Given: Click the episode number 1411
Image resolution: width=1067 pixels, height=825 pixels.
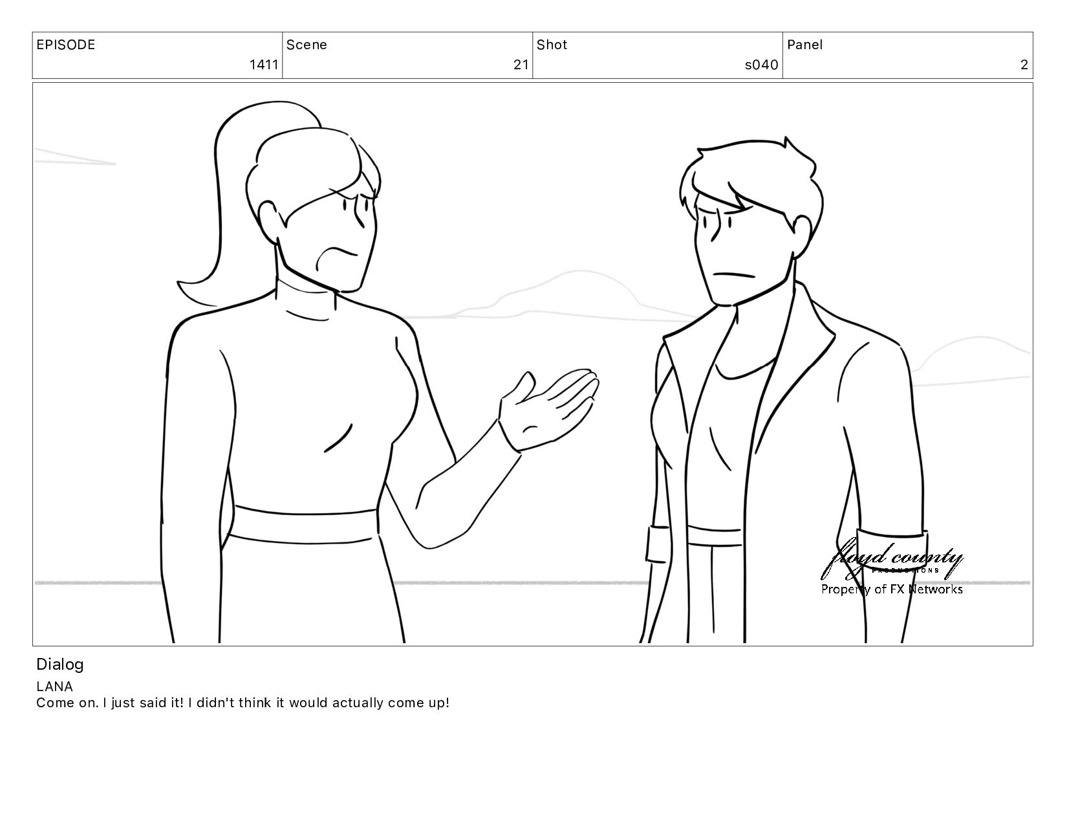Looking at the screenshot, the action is pos(264,65).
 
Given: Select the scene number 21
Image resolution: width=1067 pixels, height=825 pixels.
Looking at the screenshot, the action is pos(521,65).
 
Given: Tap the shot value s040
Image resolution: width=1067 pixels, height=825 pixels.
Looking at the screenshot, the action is pos(761,65).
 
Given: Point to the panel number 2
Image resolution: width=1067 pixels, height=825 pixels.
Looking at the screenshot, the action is pos(1024,65).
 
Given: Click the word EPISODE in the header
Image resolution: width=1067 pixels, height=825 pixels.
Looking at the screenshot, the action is pos(66,45).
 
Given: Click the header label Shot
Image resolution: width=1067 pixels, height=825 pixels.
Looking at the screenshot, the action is pos(552,45).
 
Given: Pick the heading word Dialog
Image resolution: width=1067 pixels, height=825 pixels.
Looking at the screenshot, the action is pos(60,665).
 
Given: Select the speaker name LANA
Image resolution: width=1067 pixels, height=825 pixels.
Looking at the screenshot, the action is pos(54,687).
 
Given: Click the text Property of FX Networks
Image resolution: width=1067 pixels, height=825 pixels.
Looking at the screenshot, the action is pos(892,589).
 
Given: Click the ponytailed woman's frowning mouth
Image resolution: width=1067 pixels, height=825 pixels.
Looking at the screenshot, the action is pos(336,256).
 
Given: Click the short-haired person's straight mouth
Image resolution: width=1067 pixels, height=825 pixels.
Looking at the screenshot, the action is pos(733,274).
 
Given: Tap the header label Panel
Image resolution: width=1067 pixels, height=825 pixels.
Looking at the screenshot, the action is pos(805,45).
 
